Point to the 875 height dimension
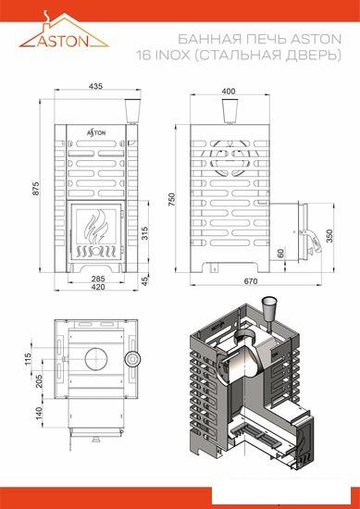coord(34,191)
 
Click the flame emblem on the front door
coord(95,228)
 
